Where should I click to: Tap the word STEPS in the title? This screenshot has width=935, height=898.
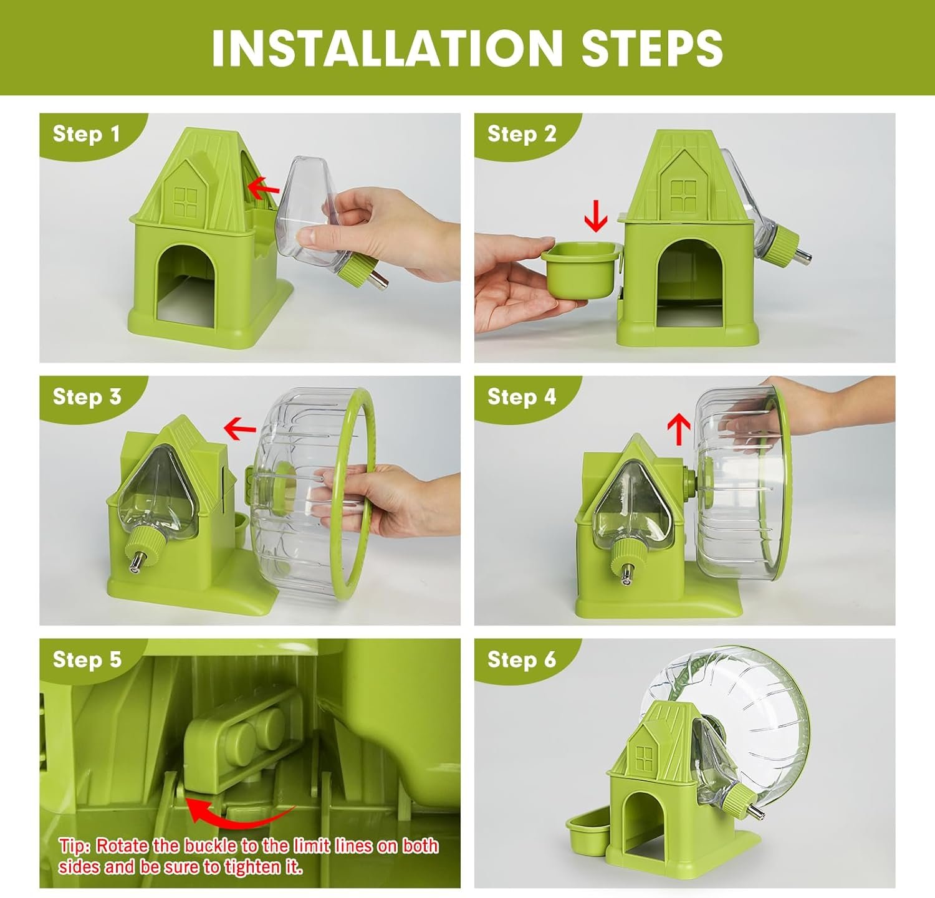click(652, 48)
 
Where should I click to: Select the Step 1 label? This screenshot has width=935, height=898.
click(86, 133)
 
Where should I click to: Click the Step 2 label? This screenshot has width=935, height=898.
click(522, 133)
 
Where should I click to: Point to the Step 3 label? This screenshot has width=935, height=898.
click(87, 396)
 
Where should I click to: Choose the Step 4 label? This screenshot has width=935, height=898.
click(522, 396)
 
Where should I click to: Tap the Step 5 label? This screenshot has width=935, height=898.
click(87, 659)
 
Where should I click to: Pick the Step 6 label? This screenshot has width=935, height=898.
click(522, 659)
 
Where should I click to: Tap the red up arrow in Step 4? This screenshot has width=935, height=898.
click(679, 431)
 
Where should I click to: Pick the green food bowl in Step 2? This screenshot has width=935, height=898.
click(582, 272)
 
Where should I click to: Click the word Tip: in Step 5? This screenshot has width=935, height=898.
click(75, 846)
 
